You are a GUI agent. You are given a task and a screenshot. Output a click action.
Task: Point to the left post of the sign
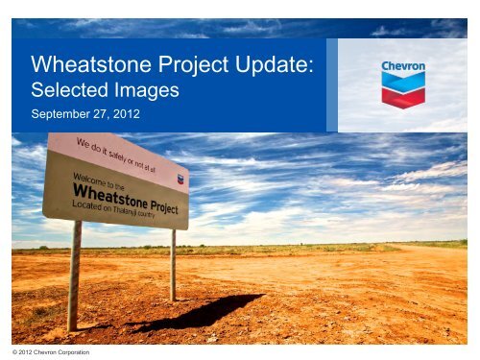coord(75,274)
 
